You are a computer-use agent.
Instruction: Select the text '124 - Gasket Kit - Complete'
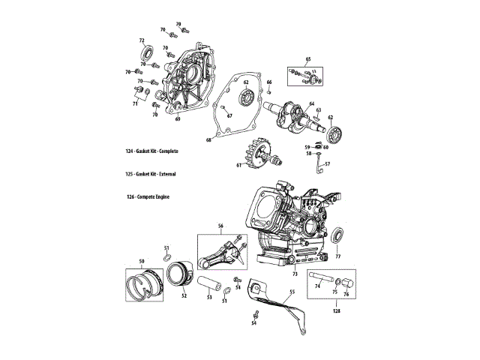(x=157, y=151)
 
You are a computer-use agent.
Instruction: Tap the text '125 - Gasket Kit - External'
(x=155, y=173)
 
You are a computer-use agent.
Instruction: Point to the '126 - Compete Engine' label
(x=148, y=196)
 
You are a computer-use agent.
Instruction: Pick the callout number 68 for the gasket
(x=209, y=139)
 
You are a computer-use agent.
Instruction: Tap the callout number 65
(x=307, y=58)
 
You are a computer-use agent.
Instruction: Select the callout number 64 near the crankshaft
(x=311, y=103)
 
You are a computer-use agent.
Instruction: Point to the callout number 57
(x=326, y=163)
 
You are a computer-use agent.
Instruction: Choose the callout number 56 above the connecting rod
(x=221, y=226)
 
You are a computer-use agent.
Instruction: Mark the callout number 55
(x=292, y=291)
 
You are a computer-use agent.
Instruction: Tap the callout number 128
(x=336, y=309)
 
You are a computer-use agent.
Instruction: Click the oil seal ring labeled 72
(x=148, y=54)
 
